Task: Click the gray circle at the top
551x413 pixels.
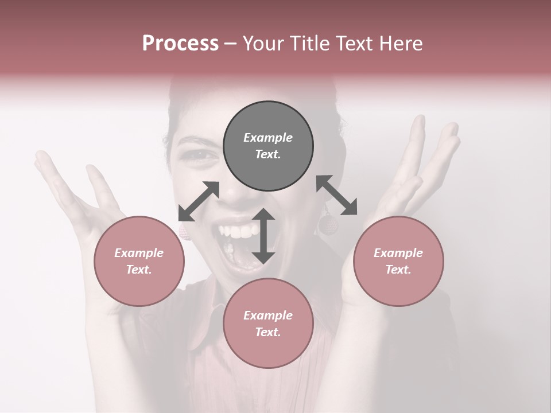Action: pyautogui.click(x=268, y=146)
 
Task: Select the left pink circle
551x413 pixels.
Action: pyautogui.click(x=139, y=261)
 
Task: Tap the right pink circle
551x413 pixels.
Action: pyautogui.click(x=398, y=261)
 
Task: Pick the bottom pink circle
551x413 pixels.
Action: pyautogui.click(x=268, y=324)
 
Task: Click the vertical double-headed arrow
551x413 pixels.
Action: pyautogui.click(x=263, y=236)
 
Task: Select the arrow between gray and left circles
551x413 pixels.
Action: pyautogui.click(x=199, y=201)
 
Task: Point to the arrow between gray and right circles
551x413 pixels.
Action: pyautogui.click(x=337, y=195)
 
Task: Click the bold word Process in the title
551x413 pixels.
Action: pyautogui.click(x=180, y=43)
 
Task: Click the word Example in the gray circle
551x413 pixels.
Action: pyautogui.click(x=268, y=138)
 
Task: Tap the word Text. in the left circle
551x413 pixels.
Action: pyautogui.click(x=139, y=270)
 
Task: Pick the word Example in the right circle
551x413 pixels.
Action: pyautogui.click(x=398, y=253)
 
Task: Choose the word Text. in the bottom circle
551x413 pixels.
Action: pyautogui.click(x=268, y=332)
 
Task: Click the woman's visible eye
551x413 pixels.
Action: pyautogui.click(x=199, y=155)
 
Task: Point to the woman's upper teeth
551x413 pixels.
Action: pyautogui.click(x=240, y=231)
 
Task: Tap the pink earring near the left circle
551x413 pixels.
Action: pyautogui.click(x=183, y=230)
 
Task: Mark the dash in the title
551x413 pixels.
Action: pyautogui.click(x=231, y=44)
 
